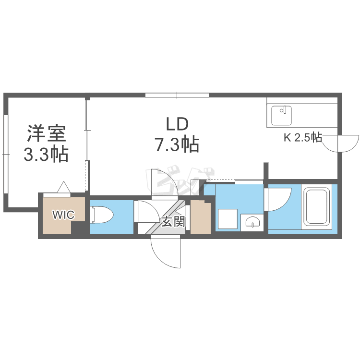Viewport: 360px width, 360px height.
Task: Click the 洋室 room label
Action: tap(46, 133)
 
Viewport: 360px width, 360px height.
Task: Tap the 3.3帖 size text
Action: tap(46, 155)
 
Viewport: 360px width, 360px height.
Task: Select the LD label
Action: tap(176, 124)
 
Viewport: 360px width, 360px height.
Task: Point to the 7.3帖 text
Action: tap(176, 144)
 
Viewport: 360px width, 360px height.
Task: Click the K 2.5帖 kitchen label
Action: tap(302, 138)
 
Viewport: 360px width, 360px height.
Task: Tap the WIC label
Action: tap(63, 215)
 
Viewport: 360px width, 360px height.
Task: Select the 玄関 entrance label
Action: tap(173, 222)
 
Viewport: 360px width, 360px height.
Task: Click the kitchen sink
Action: tap(281, 115)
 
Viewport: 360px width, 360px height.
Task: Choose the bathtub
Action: tap(317, 207)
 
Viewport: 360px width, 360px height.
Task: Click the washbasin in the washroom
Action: tap(252, 221)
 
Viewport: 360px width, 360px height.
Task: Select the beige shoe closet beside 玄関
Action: tap(201, 217)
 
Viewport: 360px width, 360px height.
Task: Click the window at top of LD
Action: tap(177, 95)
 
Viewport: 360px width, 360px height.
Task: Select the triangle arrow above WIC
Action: tap(64, 187)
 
